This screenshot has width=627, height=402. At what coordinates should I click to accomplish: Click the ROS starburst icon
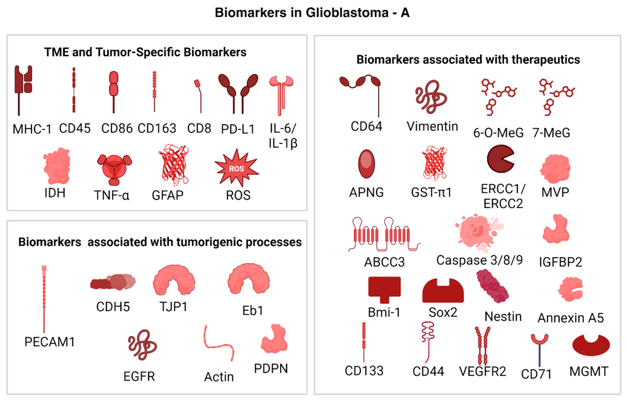click(x=237, y=168)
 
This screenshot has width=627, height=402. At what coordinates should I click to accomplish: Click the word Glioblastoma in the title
click(x=347, y=13)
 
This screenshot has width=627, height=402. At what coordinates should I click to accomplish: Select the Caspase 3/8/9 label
click(x=479, y=260)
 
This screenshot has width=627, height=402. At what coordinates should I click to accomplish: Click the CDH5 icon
click(x=113, y=282)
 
